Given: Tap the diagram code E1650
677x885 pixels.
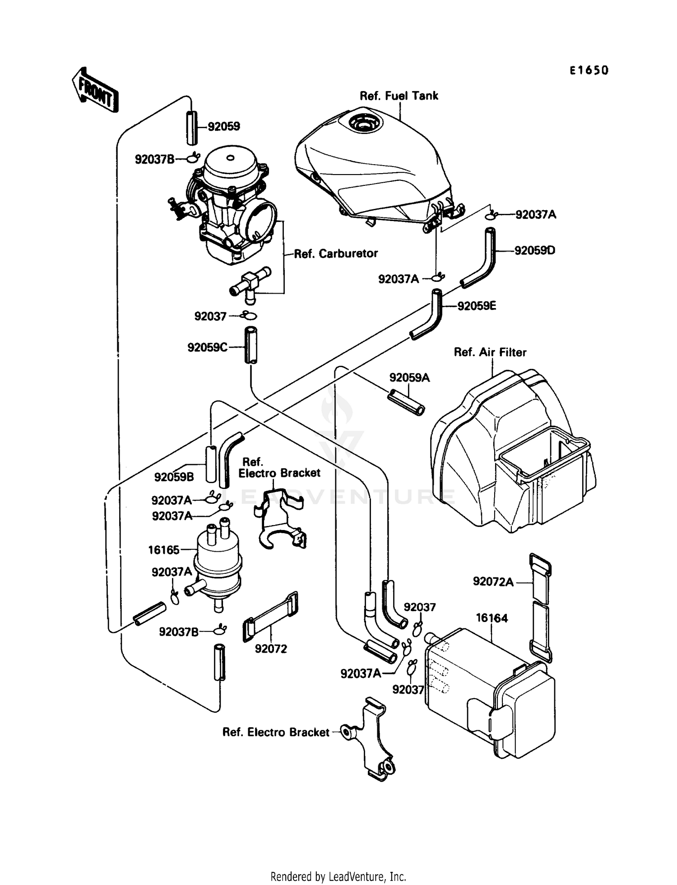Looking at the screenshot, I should coord(589,70).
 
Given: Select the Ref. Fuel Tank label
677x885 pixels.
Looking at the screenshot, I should coord(399,96).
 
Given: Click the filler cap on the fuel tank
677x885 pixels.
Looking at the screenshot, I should coord(363,121).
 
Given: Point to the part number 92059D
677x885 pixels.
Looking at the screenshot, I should coord(535,250).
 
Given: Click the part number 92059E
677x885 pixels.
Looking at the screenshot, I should coord(477,306).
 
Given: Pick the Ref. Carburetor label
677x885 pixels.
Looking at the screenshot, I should coord(336,254).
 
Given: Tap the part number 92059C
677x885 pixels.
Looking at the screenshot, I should coord(207,347).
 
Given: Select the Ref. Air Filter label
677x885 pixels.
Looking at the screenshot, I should coord(490,352).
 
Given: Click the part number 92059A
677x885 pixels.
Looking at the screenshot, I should coord(409,378).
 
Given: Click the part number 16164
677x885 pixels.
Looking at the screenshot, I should coord(492,618).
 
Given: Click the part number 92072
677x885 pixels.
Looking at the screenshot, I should coord(271,649).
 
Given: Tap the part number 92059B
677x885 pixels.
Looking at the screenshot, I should coord(174,477).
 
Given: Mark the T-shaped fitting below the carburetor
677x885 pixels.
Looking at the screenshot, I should coord(249,283).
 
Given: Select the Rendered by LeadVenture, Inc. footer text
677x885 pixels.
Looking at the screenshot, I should coord(338,876).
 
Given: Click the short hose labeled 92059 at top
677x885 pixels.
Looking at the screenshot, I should coord(192,127).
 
